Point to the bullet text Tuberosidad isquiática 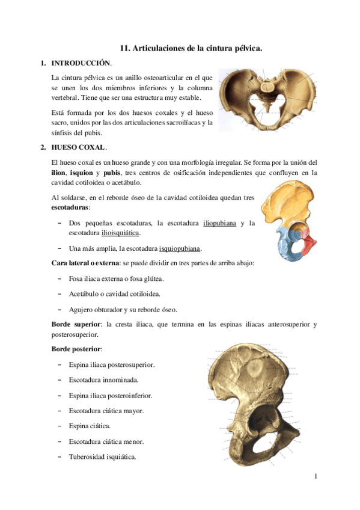[x=102, y=456]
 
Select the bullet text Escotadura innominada [x=104, y=380]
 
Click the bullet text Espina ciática [x=90, y=426]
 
